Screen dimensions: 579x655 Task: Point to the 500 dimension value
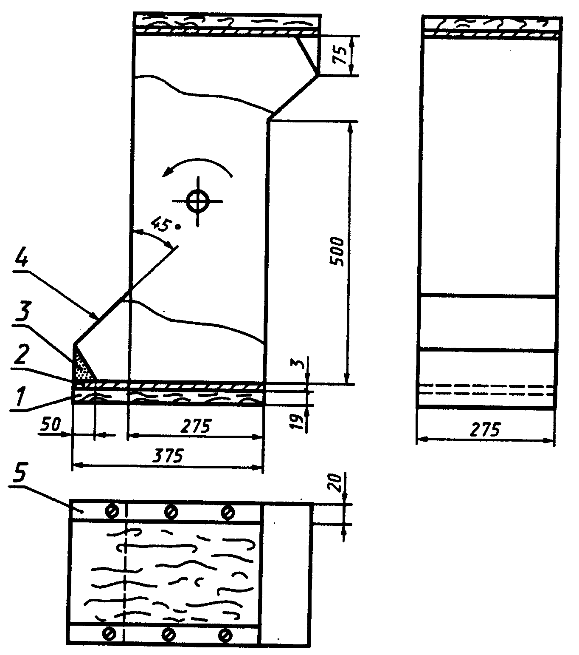point(337,252)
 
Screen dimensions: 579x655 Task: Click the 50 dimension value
point(51,425)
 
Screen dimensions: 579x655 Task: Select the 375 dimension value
point(168,456)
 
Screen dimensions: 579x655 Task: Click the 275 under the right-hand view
point(485,429)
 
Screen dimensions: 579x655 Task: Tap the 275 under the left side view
point(196,426)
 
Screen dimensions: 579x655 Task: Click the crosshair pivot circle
point(198,201)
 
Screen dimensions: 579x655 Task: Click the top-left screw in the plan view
point(112,511)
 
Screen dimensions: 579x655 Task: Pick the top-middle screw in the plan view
point(171,512)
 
